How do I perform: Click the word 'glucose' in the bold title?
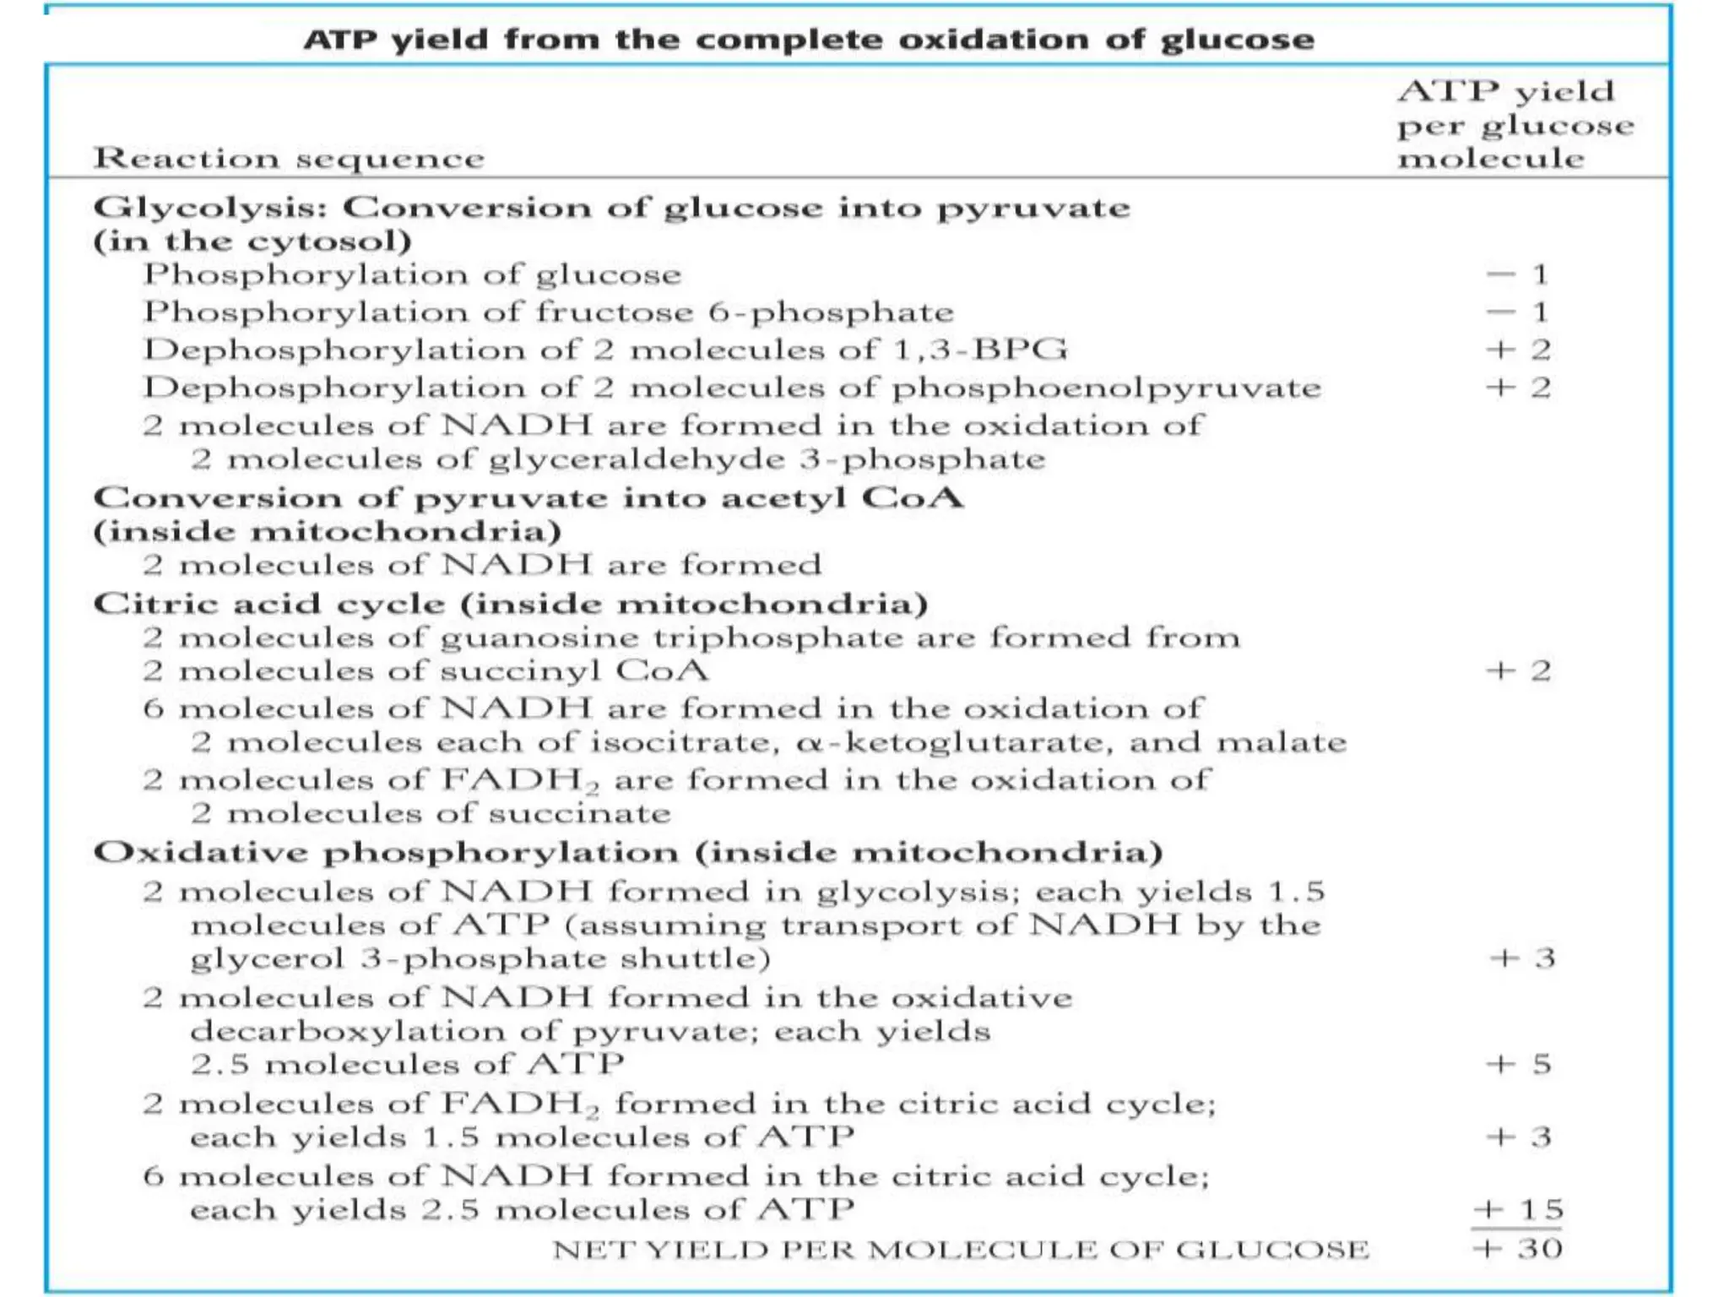(1237, 41)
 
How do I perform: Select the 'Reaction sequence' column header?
(289, 158)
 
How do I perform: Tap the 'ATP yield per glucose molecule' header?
(1514, 124)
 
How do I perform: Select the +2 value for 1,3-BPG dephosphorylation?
(1519, 350)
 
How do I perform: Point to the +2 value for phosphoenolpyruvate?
(1519, 388)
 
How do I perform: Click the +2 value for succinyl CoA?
(1519, 670)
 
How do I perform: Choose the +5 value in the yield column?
(1519, 1064)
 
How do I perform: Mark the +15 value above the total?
(1518, 1209)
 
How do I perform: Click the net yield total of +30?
(1518, 1248)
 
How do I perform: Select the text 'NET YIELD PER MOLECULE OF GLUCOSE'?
(961, 1249)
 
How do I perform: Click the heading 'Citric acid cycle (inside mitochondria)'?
(511, 604)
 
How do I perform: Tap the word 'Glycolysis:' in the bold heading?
(210, 209)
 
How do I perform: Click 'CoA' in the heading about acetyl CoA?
(913, 497)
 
